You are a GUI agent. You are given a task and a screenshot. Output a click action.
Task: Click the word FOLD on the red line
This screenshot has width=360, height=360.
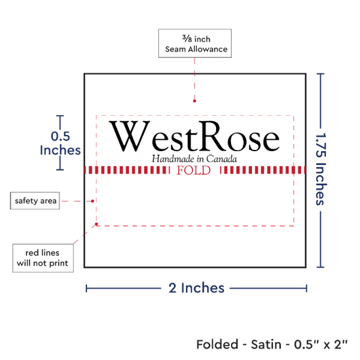point(194,170)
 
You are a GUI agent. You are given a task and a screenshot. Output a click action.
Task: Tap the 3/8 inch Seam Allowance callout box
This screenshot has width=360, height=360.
point(195,43)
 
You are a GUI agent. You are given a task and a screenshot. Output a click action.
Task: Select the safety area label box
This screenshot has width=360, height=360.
point(35,201)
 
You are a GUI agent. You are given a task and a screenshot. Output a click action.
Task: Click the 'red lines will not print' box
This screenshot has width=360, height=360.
point(43,258)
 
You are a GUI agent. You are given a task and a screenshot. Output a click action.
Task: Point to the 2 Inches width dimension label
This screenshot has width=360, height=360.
point(196,288)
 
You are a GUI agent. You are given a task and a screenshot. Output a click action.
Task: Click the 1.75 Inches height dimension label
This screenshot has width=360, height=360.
point(321,169)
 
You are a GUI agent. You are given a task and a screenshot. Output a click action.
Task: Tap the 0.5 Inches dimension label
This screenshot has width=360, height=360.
point(60,143)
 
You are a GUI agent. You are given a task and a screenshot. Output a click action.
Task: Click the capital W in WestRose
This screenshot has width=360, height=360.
point(130,136)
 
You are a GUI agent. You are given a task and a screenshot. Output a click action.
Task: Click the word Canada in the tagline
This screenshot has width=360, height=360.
point(221,159)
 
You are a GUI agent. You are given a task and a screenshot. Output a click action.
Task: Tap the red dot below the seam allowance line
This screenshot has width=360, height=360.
point(194,101)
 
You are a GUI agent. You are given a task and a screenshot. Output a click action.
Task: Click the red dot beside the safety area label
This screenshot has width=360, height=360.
point(92,201)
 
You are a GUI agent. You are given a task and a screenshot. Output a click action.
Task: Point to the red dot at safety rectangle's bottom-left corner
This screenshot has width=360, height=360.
point(96,224)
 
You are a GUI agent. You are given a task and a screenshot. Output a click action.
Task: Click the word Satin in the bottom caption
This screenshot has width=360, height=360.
point(266,344)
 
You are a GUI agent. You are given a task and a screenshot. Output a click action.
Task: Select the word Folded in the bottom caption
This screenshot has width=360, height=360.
point(217,344)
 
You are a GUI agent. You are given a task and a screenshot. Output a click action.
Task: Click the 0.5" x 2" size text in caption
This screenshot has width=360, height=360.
point(321,344)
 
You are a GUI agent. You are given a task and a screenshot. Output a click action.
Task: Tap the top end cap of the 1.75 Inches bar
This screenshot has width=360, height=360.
point(321,74)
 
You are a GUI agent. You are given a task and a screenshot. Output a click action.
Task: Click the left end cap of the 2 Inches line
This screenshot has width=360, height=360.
point(86,289)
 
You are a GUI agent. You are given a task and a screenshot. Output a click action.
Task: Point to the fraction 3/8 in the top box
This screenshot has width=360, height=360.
point(187,39)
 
